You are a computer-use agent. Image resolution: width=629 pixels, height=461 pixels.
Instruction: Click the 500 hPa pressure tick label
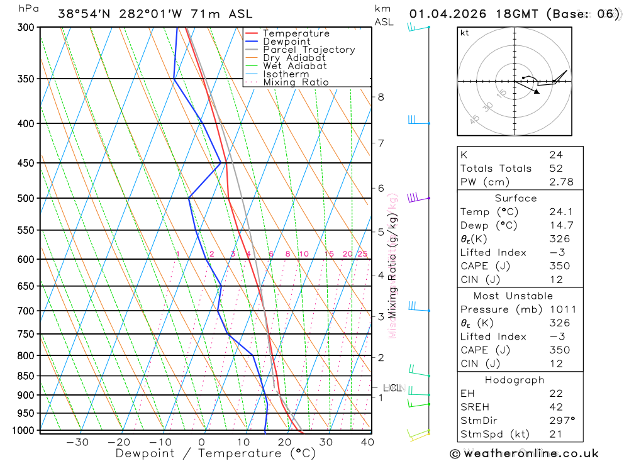pyautogui.click(x=25, y=198)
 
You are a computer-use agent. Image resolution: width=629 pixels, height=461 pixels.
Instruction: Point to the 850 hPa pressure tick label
pyautogui.click(x=25, y=376)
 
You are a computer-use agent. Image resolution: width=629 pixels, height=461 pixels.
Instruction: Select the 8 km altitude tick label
pyautogui.click(x=381, y=97)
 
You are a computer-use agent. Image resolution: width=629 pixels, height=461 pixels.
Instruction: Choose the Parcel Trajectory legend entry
pyautogui.click(x=309, y=50)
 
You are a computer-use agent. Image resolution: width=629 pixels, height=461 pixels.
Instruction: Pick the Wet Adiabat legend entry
pyautogui.click(x=295, y=66)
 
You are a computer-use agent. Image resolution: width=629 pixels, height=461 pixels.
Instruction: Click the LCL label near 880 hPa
pyautogui.click(x=392, y=388)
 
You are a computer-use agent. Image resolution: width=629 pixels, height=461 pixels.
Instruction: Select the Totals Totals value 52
pyautogui.click(x=555, y=168)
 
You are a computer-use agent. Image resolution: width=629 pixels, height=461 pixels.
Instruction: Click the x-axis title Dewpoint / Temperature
pyautogui.click(x=215, y=453)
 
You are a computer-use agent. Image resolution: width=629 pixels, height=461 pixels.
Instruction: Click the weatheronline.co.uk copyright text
pyautogui.click(x=524, y=453)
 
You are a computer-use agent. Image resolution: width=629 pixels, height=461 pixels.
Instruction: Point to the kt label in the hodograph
pyautogui.click(x=465, y=33)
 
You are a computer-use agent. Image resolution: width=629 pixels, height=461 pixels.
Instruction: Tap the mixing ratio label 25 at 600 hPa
pyautogui.click(x=362, y=254)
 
